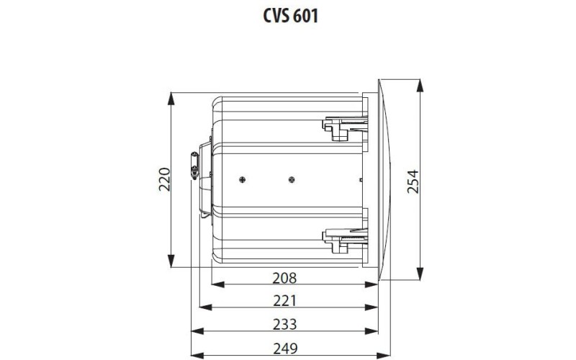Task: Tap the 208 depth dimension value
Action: (x=285, y=276)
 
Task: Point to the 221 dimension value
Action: (x=285, y=300)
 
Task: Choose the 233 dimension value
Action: (x=285, y=323)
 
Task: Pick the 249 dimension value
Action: (x=285, y=348)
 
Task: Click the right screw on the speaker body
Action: (x=292, y=179)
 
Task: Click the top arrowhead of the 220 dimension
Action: (x=172, y=98)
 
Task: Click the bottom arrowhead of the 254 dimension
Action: (x=420, y=271)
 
